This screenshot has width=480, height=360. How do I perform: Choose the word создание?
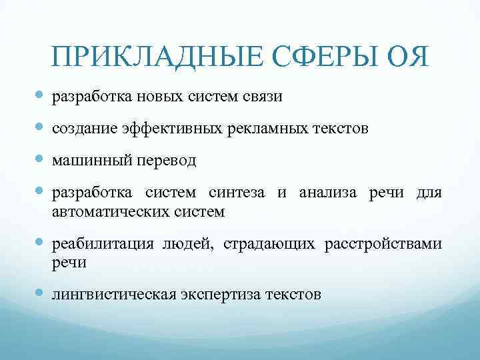tap(84, 129)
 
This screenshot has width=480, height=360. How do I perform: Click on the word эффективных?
tap(169, 129)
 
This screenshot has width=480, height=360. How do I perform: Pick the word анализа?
tap(329, 194)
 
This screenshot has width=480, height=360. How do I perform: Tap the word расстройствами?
tap(383, 245)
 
